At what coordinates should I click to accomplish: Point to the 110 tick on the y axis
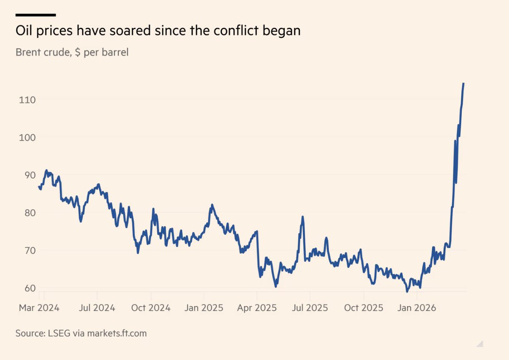click(x=27, y=100)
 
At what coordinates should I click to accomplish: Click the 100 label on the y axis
click(x=27, y=138)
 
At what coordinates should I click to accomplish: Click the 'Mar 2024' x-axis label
click(x=39, y=308)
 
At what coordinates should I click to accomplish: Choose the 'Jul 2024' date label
click(x=97, y=308)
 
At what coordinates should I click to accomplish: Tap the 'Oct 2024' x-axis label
click(x=151, y=308)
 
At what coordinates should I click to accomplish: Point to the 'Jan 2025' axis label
click(x=204, y=308)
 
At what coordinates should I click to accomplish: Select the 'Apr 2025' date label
click(x=257, y=308)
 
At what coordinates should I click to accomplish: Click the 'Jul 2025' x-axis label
click(x=310, y=308)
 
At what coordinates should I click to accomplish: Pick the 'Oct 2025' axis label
click(x=364, y=308)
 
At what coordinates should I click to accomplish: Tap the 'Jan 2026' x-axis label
click(x=417, y=308)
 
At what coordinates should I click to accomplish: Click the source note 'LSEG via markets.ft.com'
click(x=97, y=333)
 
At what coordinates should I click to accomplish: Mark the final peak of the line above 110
click(x=464, y=84)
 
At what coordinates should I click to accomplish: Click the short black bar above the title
click(x=36, y=15)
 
